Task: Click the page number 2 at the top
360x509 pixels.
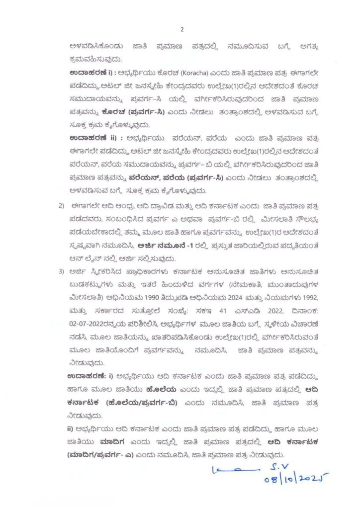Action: tap(182, 29)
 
